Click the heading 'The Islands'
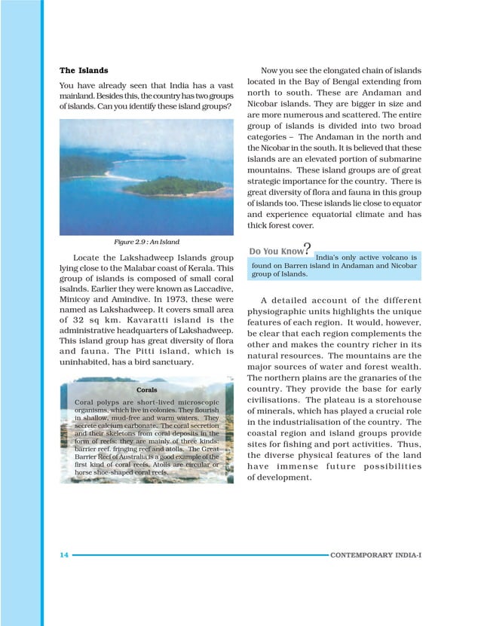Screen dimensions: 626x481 point(84,71)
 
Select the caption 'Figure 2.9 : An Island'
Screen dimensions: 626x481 point(146,242)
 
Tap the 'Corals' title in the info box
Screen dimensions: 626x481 point(147,389)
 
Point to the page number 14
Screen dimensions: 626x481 point(64,554)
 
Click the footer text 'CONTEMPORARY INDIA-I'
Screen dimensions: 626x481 point(376,554)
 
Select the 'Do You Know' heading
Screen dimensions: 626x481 point(275,250)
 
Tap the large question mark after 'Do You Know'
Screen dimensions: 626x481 point(307,248)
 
